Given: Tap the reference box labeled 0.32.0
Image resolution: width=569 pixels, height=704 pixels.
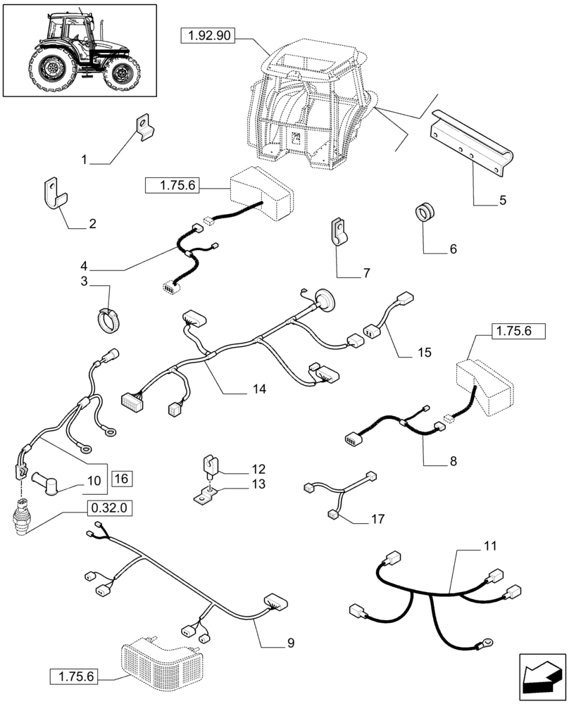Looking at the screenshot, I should click(109, 508).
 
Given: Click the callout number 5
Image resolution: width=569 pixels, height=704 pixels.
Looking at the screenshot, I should click(502, 201).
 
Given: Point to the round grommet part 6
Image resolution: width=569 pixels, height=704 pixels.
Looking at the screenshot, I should click(425, 210).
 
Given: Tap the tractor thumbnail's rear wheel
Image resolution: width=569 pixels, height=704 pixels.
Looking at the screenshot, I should click(51, 69).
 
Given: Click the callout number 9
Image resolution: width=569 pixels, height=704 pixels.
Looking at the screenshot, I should click(291, 643).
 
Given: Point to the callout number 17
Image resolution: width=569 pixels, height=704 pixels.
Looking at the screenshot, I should click(378, 520).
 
